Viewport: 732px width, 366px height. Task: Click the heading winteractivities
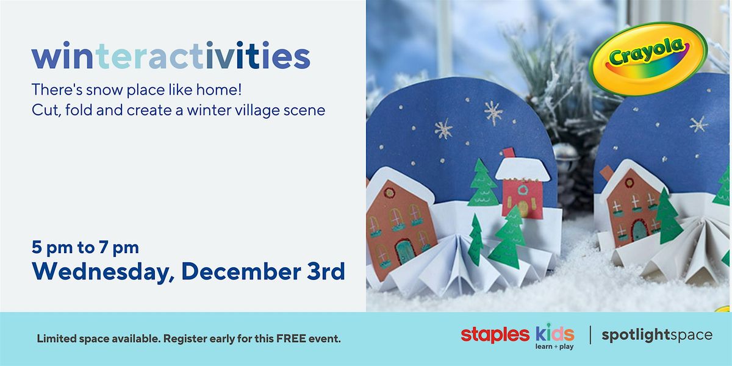(171, 56)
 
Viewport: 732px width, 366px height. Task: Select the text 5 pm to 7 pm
(85, 248)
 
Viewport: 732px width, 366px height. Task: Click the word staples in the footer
(495, 334)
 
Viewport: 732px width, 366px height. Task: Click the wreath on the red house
(522, 190)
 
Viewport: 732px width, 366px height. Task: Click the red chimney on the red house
(508, 152)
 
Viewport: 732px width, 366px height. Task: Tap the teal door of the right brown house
(639, 231)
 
